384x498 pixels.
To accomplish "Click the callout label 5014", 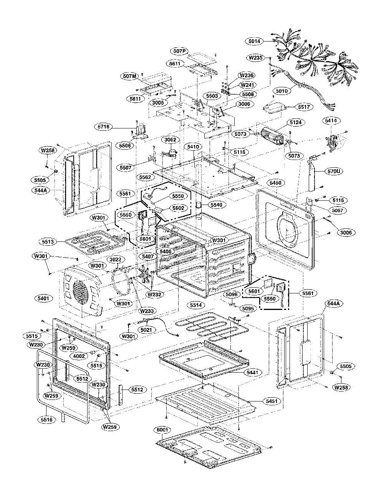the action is click(x=254, y=41).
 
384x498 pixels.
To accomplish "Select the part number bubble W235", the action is click(x=256, y=58).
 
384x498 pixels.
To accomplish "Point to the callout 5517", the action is click(x=304, y=107).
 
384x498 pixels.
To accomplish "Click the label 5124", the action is click(x=296, y=122).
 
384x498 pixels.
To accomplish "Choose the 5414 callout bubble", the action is click(x=331, y=120).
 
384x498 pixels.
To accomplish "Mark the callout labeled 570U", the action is click(x=334, y=171).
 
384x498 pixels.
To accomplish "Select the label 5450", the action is click(x=276, y=183).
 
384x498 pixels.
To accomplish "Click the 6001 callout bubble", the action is click(x=162, y=430).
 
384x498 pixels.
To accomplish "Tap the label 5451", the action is click(x=271, y=401).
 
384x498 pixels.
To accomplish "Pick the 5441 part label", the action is click(x=252, y=372).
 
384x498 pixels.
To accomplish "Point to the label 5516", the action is click(x=47, y=420).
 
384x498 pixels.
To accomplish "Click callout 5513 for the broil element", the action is click(x=48, y=242).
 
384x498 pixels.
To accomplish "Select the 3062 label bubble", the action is click(x=170, y=140).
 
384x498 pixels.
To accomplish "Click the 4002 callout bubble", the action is click(x=79, y=356).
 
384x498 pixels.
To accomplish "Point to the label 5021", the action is click(x=147, y=330).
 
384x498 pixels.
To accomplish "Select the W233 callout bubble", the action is click(x=147, y=311).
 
